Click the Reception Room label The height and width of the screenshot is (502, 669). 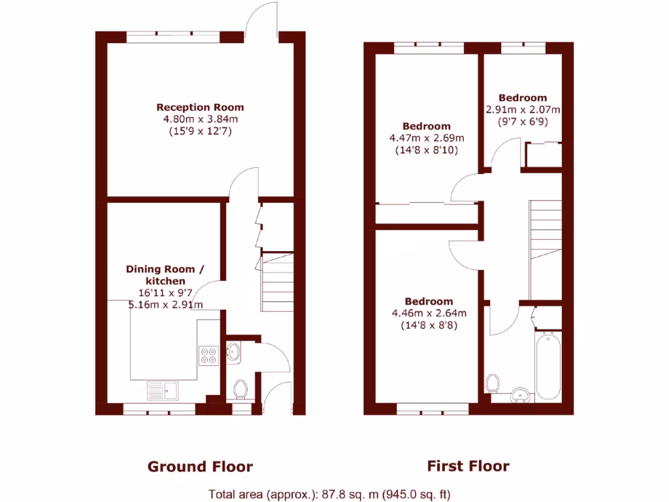click(x=200, y=107)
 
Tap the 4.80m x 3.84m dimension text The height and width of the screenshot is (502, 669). click(x=200, y=119)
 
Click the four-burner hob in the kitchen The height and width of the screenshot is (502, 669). click(x=209, y=354)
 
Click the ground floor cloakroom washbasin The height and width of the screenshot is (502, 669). click(x=234, y=352)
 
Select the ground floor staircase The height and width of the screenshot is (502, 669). click(x=277, y=281)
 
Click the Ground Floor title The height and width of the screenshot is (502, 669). click(x=200, y=466)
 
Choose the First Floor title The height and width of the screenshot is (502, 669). click(x=468, y=466)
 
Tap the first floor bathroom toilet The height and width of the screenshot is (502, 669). click(x=494, y=382)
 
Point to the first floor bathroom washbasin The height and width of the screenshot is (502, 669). click(x=521, y=394)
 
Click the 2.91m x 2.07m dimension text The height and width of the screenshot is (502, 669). click(x=523, y=109)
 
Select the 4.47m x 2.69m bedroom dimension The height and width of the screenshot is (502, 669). click(x=427, y=138)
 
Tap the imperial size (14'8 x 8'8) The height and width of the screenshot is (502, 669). click(x=429, y=324)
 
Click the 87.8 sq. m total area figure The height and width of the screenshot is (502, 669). click(x=292, y=494)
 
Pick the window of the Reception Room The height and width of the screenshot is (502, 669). click(x=173, y=37)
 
